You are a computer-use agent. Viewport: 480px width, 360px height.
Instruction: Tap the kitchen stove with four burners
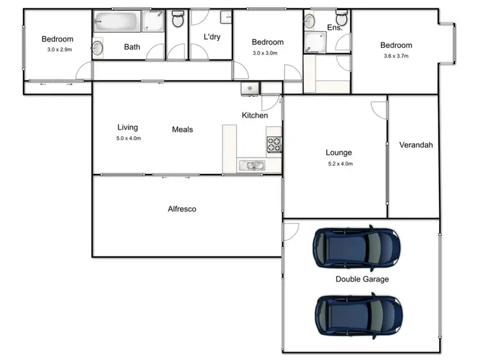point(274,145)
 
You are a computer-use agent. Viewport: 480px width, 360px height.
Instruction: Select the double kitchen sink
point(251,166)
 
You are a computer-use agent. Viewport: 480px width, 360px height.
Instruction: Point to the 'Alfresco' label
point(182,209)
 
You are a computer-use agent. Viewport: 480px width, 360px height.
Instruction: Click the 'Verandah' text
point(416,145)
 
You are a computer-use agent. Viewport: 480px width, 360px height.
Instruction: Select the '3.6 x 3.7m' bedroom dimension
point(396,56)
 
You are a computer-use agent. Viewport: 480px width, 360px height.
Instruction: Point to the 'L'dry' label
point(212,37)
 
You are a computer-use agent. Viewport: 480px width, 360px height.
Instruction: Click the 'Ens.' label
point(335,27)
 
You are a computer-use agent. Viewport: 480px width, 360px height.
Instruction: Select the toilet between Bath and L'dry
point(178,20)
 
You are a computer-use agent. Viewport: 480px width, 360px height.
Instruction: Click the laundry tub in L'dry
point(225,18)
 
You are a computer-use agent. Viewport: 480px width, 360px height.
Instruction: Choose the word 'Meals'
point(182,130)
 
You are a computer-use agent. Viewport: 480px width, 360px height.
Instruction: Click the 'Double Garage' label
point(362,279)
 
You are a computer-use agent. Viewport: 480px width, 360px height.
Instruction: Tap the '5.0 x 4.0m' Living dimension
point(128,138)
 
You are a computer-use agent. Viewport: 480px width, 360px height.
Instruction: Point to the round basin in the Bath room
point(98,47)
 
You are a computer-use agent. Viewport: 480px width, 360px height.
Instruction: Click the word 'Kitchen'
point(255,116)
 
